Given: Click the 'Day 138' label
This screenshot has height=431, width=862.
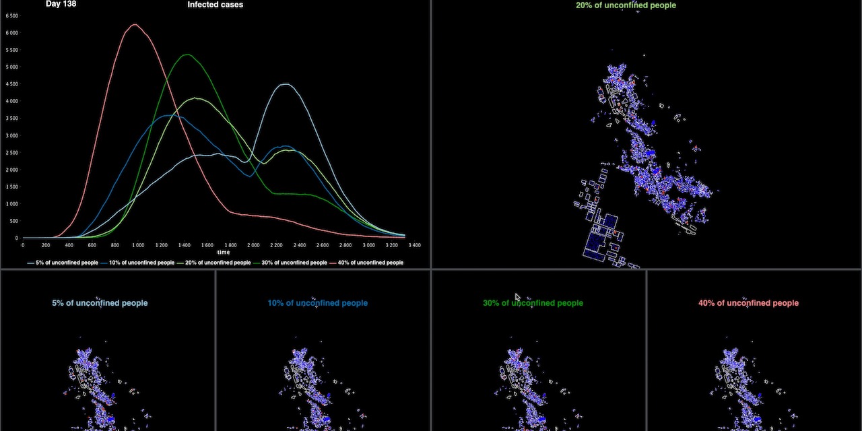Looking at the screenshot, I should (x=61, y=4).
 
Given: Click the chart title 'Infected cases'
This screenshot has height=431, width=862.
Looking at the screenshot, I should (x=215, y=5).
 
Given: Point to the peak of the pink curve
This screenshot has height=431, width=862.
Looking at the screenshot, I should (x=135, y=25).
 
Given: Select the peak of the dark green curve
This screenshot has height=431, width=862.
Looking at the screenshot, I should (x=187, y=55).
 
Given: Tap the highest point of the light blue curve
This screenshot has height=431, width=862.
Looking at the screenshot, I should (x=286, y=84).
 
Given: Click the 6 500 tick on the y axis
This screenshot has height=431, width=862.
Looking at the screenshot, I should (x=11, y=15).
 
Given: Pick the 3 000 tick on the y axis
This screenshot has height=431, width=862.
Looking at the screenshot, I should (x=11, y=135).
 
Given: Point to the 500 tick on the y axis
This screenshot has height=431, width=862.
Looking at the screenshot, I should (x=13, y=221).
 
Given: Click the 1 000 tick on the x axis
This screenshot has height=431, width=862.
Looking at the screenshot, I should (x=138, y=245).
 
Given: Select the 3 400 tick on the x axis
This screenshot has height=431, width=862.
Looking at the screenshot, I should (x=414, y=245).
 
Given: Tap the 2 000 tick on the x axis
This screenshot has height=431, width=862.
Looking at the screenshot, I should (x=253, y=245).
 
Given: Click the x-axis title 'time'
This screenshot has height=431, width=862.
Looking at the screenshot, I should (x=223, y=253).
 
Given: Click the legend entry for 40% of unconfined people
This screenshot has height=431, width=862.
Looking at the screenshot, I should (x=371, y=263).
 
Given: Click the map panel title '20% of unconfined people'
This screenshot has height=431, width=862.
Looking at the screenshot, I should (x=626, y=5).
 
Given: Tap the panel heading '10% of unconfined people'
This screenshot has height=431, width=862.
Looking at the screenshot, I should (x=317, y=303).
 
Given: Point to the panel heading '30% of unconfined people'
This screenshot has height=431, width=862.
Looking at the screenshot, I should (x=533, y=303).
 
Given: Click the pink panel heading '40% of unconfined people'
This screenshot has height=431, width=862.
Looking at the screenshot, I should (x=748, y=303).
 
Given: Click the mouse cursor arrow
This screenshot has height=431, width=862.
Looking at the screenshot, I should (x=517, y=297).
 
